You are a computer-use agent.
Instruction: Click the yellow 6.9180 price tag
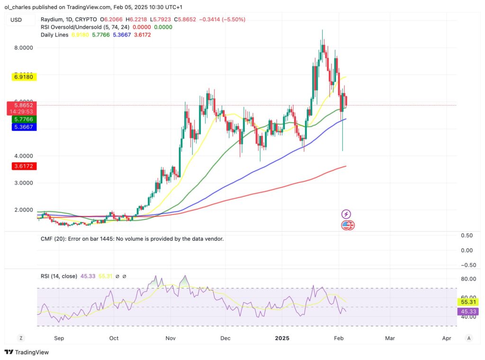coord(22,77)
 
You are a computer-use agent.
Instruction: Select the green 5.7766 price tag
coord(22,119)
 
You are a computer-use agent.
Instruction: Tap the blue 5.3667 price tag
coord(22,128)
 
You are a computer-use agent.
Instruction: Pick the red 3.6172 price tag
coord(22,166)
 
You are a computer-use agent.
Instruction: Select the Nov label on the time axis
coord(171,338)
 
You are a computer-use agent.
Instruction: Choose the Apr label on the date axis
coord(446,338)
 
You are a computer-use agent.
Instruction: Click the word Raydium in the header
coord(53,19)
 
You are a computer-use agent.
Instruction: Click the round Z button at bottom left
coord(20,338)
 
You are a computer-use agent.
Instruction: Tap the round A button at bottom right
coord(468,338)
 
